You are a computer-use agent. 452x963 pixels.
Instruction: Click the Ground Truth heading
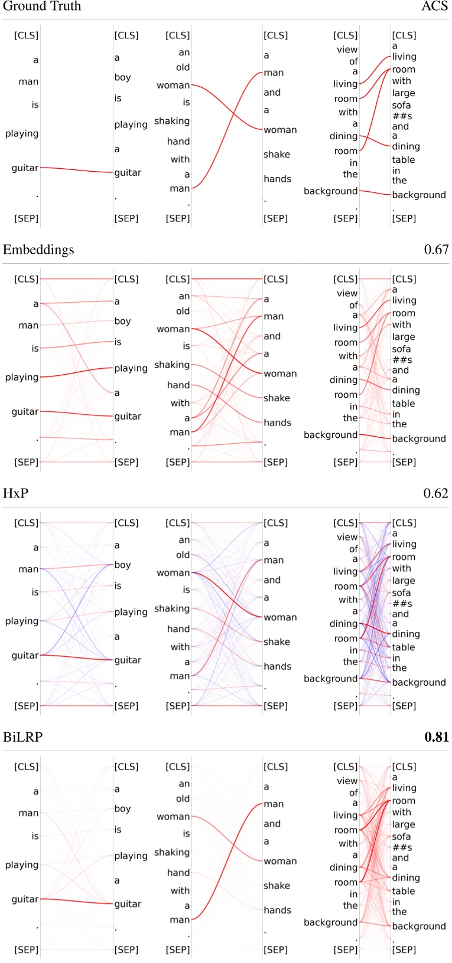(x=42, y=6)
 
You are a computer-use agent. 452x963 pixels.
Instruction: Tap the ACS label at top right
(x=435, y=6)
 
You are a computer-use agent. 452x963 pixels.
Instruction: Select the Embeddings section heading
(x=38, y=250)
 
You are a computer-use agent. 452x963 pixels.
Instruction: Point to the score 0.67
(x=436, y=250)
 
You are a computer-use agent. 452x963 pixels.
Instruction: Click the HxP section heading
(x=15, y=493)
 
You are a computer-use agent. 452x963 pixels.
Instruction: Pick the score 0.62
(x=436, y=493)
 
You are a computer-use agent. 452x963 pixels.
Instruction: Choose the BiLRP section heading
(x=22, y=737)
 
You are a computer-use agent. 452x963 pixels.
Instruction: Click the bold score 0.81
(x=436, y=737)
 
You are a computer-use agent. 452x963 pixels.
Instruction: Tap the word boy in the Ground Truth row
(x=122, y=77)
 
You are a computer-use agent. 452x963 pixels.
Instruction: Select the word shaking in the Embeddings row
(x=172, y=365)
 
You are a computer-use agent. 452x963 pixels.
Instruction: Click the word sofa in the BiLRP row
(x=401, y=836)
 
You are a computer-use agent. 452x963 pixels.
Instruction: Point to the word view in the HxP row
(x=347, y=537)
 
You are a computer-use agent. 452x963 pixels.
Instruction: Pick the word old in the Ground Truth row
(x=183, y=67)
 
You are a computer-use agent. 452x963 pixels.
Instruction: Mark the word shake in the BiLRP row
(x=277, y=886)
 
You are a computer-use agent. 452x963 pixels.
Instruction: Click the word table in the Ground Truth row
(x=404, y=159)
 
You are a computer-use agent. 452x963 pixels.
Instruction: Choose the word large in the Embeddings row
(x=404, y=337)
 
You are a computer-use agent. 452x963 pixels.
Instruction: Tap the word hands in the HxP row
(x=277, y=666)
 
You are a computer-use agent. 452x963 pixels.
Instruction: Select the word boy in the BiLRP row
(x=122, y=808)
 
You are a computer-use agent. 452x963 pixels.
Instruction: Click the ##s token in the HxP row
(x=402, y=604)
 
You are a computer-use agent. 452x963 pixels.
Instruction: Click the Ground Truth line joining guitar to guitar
(x=77, y=170)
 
